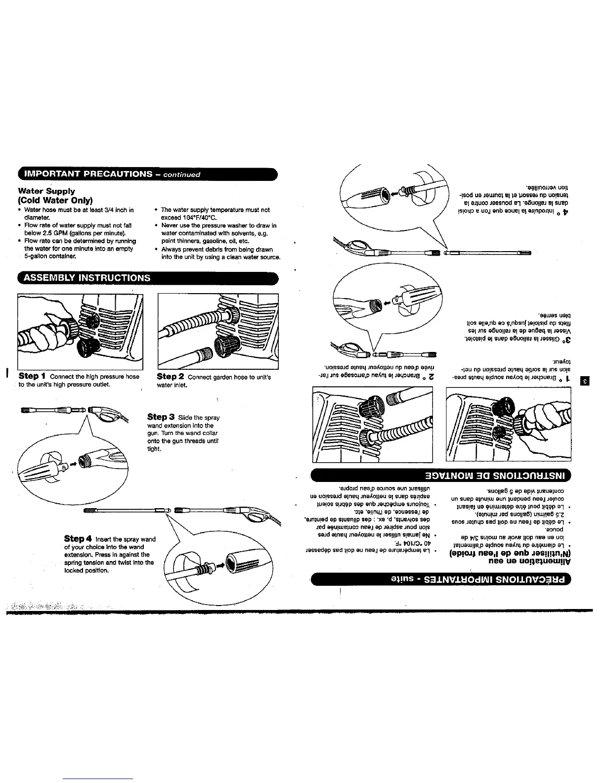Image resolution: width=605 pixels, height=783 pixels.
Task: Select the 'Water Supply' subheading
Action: (x=46, y=191)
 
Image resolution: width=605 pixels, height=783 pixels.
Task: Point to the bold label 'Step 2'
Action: (x=171, y=377)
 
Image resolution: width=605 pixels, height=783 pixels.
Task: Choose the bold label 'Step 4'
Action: (x=79, y=538)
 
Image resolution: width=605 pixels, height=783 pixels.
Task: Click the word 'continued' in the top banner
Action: (x=182, y=174)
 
